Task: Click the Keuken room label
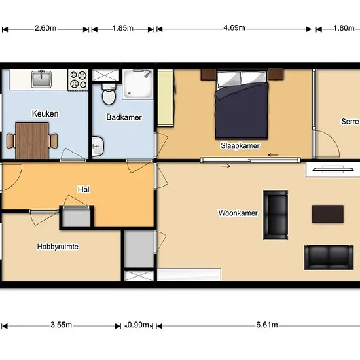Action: tap(45, 113)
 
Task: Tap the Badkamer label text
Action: tap(124, 117)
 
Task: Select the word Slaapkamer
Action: tap(240, 145)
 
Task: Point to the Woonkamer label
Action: tap(238, 213)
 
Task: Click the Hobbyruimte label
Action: tap(58, 247)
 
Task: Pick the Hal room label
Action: tap(84, 189)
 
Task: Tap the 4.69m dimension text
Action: tap(234, 28)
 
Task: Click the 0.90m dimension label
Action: tap(138, 325)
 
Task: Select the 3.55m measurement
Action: tap(61, 325)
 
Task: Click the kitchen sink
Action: tap(41, 79)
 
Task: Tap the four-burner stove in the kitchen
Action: tap(78, 80)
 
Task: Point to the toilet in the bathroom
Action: tap(109, 94)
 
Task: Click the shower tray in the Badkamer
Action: tap(137, 84)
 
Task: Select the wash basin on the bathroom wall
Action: tap(98, 146)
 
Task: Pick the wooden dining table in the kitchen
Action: tap(32, 141)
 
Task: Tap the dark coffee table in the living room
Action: tap(328, 214)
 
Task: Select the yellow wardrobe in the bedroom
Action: tap(166, 98)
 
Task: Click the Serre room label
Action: tap(350, 121)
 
